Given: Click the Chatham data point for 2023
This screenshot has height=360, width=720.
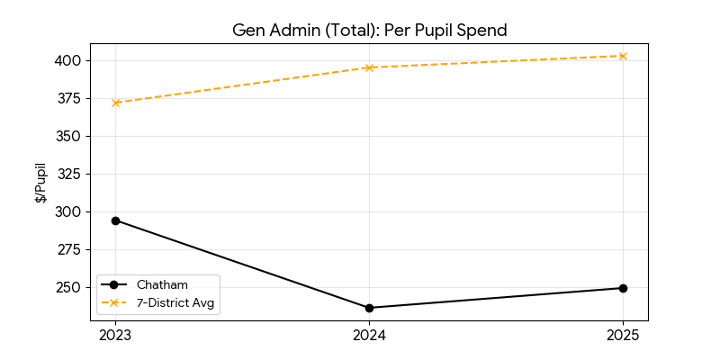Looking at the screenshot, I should (x=115, y=220).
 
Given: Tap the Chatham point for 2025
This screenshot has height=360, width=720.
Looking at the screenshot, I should (x=623, y=288).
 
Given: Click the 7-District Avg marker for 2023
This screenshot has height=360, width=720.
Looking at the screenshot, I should (x=115, y=103).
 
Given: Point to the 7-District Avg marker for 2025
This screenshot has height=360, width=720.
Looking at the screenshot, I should (x=623, y=56).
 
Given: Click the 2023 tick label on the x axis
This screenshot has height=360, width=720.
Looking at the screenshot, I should (x=115, y=336).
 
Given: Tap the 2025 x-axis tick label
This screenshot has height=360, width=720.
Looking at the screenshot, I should (x=623, y=336).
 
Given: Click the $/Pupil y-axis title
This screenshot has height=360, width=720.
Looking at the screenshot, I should (x=41, y=183).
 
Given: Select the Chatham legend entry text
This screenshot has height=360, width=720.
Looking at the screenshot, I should (x=162, y=284).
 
